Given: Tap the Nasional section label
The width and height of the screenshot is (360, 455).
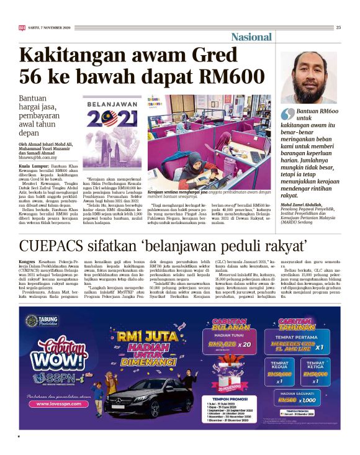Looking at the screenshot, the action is pos(251,37).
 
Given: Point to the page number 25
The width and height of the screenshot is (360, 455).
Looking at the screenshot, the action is pos(338,27).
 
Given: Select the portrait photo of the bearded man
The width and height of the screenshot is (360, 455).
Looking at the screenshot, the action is pos(309,77).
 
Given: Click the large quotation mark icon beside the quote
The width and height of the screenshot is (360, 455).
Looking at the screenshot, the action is pos(287,114).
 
